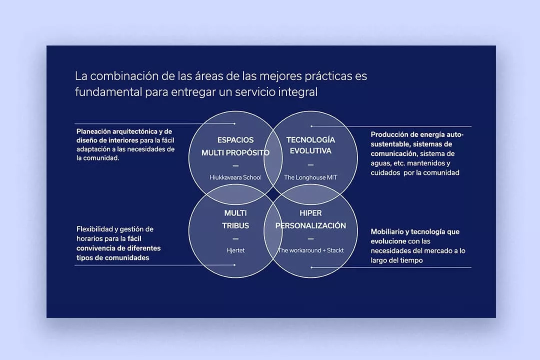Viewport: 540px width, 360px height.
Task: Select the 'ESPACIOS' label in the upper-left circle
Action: (235, 140)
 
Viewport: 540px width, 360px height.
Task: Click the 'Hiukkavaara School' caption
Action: (235, 177)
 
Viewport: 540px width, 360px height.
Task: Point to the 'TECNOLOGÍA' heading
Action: (310, 139)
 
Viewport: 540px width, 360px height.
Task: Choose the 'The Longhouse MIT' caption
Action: (310, 177)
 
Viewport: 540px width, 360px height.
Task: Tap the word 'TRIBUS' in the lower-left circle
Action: (235, 225)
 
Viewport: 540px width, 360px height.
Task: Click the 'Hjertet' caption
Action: (235, 250)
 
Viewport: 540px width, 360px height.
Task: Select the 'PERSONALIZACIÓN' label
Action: (310, 225)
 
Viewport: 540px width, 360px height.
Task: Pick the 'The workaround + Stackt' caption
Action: (310, 250)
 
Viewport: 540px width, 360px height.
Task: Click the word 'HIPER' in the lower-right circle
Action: (310, 213)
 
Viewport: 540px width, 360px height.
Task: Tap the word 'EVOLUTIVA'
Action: (310, 151)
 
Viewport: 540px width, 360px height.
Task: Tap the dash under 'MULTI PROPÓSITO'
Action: (235, 165)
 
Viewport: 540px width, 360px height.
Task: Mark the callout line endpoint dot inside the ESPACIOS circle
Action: (234, 123)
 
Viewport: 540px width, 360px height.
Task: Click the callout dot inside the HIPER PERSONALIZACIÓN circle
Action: (311, 267)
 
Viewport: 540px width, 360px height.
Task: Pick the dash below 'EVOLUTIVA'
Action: (310, 165)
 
